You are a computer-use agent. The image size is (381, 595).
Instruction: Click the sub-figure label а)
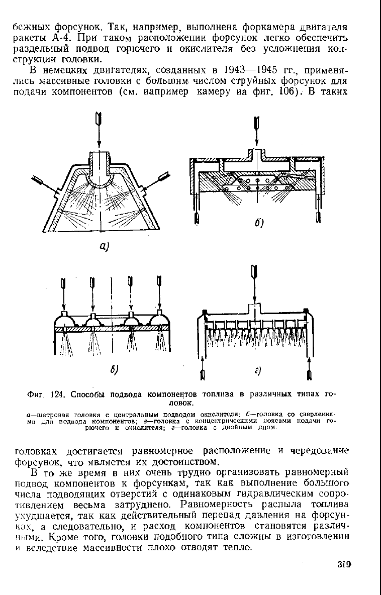click(x=104, y=246)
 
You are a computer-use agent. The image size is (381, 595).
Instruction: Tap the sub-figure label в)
click(x=114, y=369)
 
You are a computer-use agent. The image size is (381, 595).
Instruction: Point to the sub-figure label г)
click(x=257, y=370)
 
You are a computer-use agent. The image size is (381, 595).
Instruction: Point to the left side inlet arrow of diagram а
click(x=46, y=184)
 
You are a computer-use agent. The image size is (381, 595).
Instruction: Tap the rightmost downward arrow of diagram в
click(x=159, y=293)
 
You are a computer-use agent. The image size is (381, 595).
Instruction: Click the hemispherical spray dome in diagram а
click(x=99, y=178)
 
